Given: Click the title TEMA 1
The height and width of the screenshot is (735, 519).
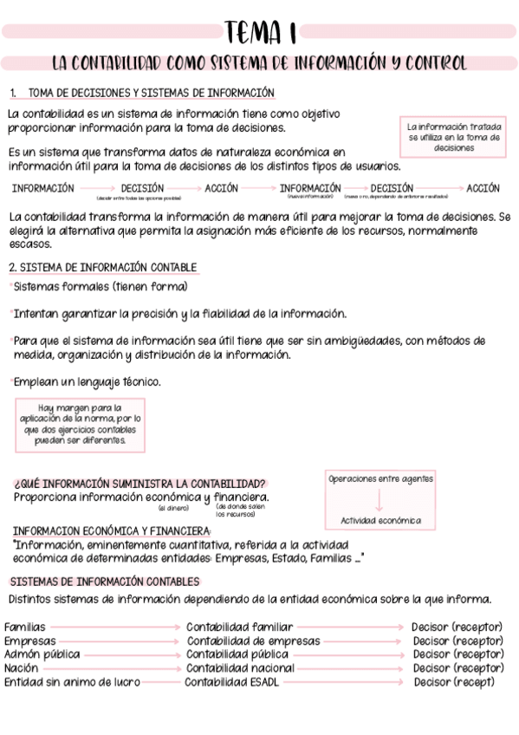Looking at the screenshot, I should [260, 32].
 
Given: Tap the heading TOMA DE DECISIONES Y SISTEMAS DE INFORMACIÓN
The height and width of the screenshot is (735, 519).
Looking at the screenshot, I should [151, 93].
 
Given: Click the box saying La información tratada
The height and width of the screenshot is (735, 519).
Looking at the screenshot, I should [454, 137].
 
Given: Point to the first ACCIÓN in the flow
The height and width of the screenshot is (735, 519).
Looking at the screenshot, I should [222, 187].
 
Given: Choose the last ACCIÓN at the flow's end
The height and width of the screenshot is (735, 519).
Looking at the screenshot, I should [483, 187].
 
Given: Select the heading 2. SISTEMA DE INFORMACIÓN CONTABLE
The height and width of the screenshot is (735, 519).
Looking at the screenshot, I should [102, 267].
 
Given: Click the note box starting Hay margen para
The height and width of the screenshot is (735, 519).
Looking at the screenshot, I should [81, 424].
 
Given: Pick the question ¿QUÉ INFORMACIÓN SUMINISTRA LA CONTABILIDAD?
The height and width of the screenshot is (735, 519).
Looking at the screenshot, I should [140, 483].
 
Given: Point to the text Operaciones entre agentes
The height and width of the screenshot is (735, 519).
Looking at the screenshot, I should [380, 478].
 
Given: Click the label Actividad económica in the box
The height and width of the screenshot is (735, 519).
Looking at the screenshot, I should [380, 521].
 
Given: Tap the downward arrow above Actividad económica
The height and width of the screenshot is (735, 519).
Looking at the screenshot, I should [380, 500].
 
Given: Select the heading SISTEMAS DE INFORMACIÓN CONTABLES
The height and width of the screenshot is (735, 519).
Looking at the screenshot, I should [104, 582].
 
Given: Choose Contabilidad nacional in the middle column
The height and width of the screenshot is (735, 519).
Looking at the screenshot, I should [240, 668].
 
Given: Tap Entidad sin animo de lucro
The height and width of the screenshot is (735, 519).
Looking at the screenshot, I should [72, 682].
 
